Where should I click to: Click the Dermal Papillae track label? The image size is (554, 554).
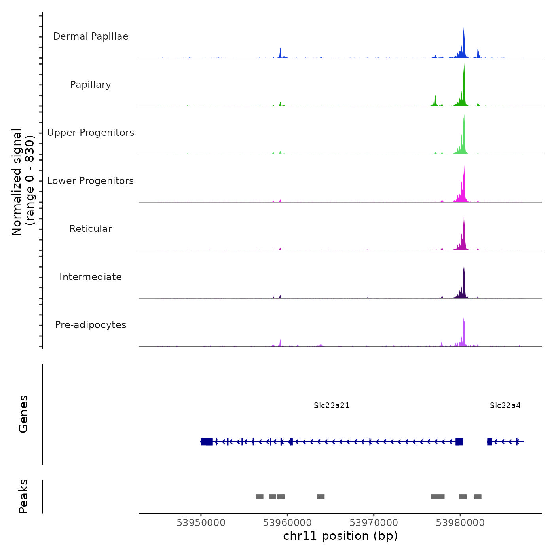coord(91,36)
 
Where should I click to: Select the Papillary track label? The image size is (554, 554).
coord(91,85)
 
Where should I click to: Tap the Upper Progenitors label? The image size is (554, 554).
coord(91,133)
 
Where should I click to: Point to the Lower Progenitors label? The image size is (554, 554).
coord(91,181)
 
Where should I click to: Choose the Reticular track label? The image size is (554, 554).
coord(91,229)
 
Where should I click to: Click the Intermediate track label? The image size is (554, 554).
coord(91,277)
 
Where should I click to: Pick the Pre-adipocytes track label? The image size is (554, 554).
coord(91,325)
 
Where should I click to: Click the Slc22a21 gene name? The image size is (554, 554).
coord(332,406)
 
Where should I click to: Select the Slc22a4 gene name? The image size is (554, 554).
coord(505,406)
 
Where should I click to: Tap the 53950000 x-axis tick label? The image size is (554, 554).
coord(201,523)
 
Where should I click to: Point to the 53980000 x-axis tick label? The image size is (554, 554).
coord(460,523)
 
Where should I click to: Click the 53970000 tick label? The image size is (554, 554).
coord(374,523)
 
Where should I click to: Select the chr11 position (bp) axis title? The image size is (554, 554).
coord(340,536)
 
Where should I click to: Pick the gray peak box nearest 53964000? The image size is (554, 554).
coord(321,497)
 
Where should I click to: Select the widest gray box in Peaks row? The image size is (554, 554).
coord(437,497)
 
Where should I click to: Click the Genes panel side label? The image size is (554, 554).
coord(23,414)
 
